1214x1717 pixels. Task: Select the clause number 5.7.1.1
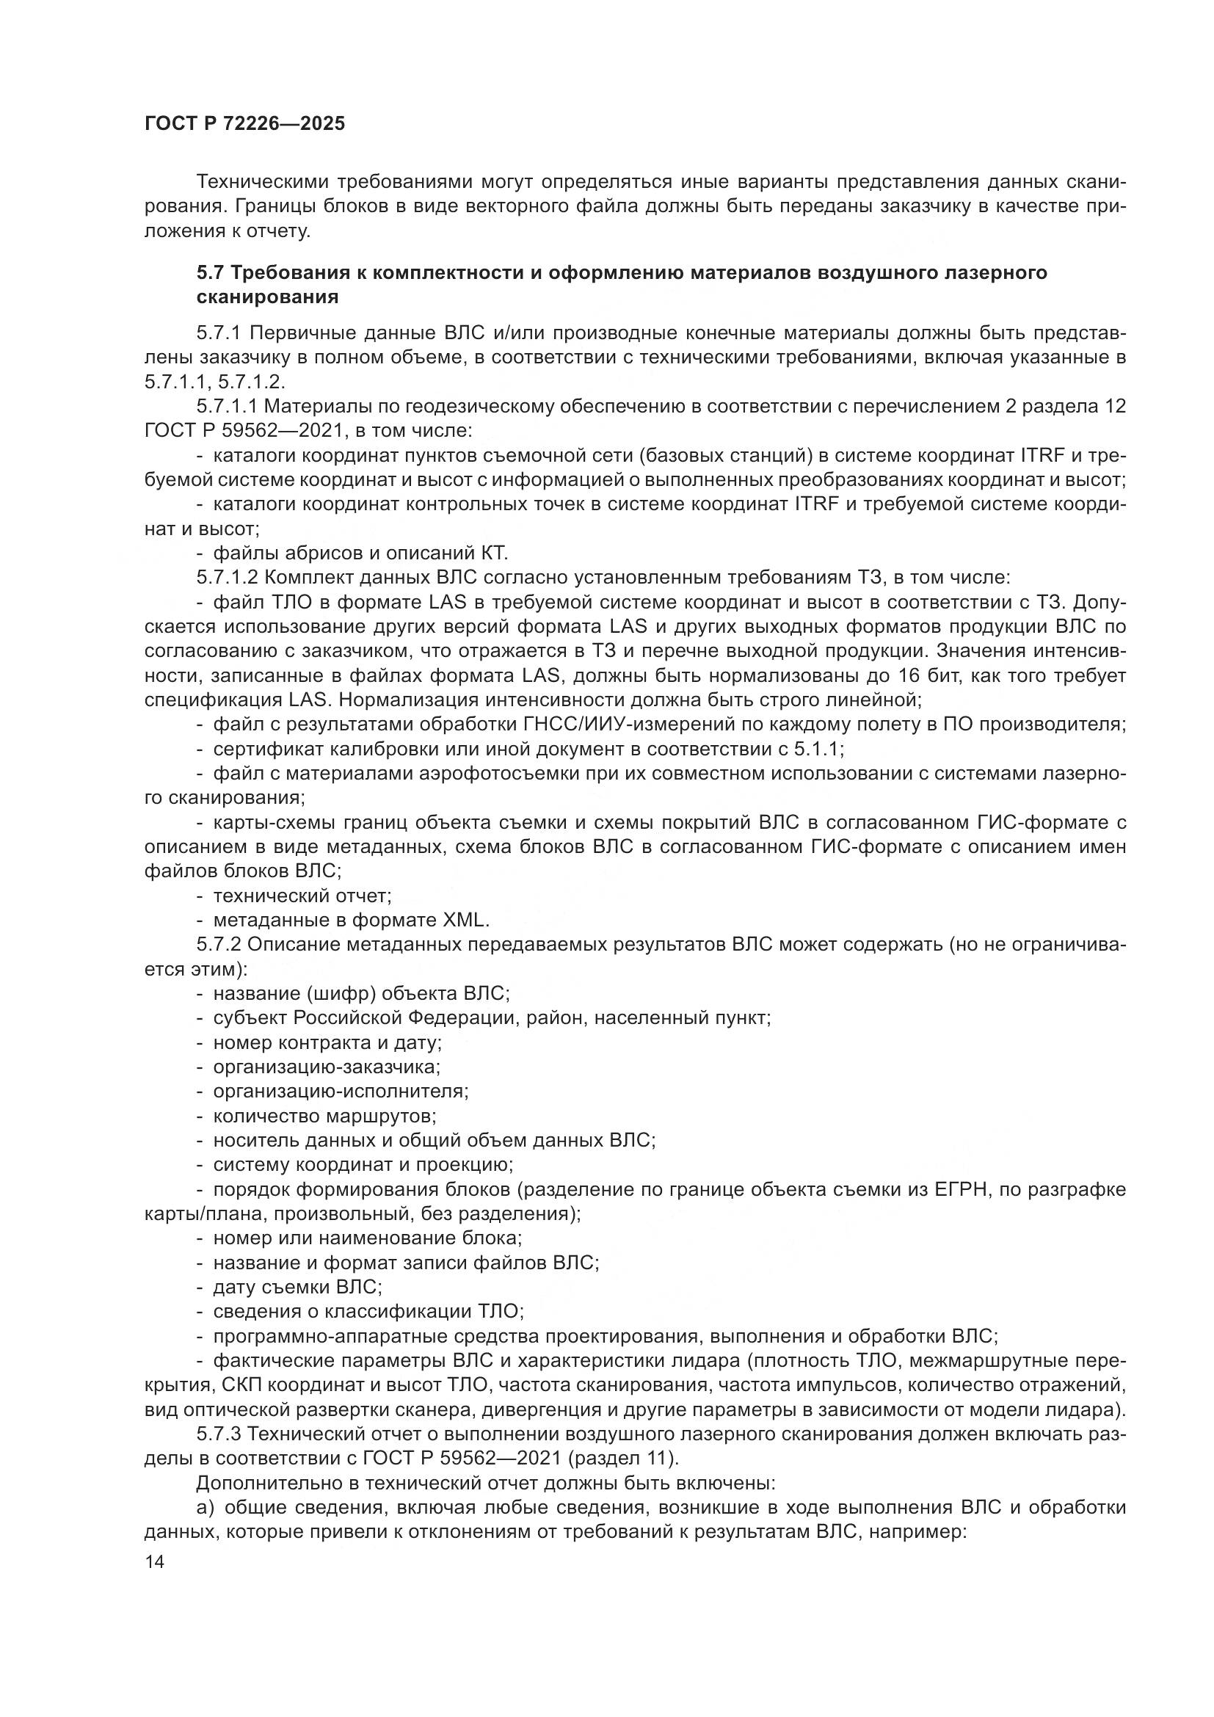(x=228, y=407)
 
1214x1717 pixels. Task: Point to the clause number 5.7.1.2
(x=228, y=578)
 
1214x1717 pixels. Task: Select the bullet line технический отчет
(x=302, y=896)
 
